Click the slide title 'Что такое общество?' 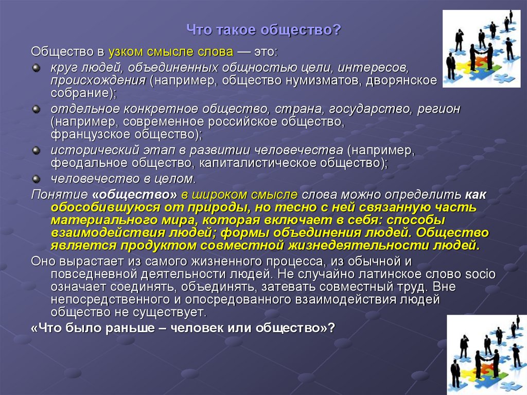coord(263,30)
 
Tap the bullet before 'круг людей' coord(36,68)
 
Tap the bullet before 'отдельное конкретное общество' coord(36,110)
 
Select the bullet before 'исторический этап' coord(36,150)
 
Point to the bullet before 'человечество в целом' coord(36,178)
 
